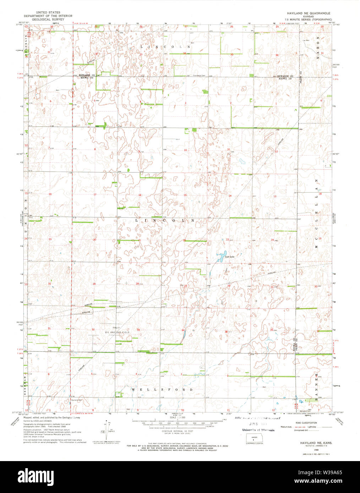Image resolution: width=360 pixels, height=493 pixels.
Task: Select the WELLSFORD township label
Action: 163,389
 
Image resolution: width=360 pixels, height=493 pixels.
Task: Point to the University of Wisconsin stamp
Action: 258,430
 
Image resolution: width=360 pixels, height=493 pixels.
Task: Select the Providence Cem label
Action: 200,75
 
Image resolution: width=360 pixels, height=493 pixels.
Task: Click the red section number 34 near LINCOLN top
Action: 184,53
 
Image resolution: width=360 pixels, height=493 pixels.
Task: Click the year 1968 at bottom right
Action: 311,449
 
